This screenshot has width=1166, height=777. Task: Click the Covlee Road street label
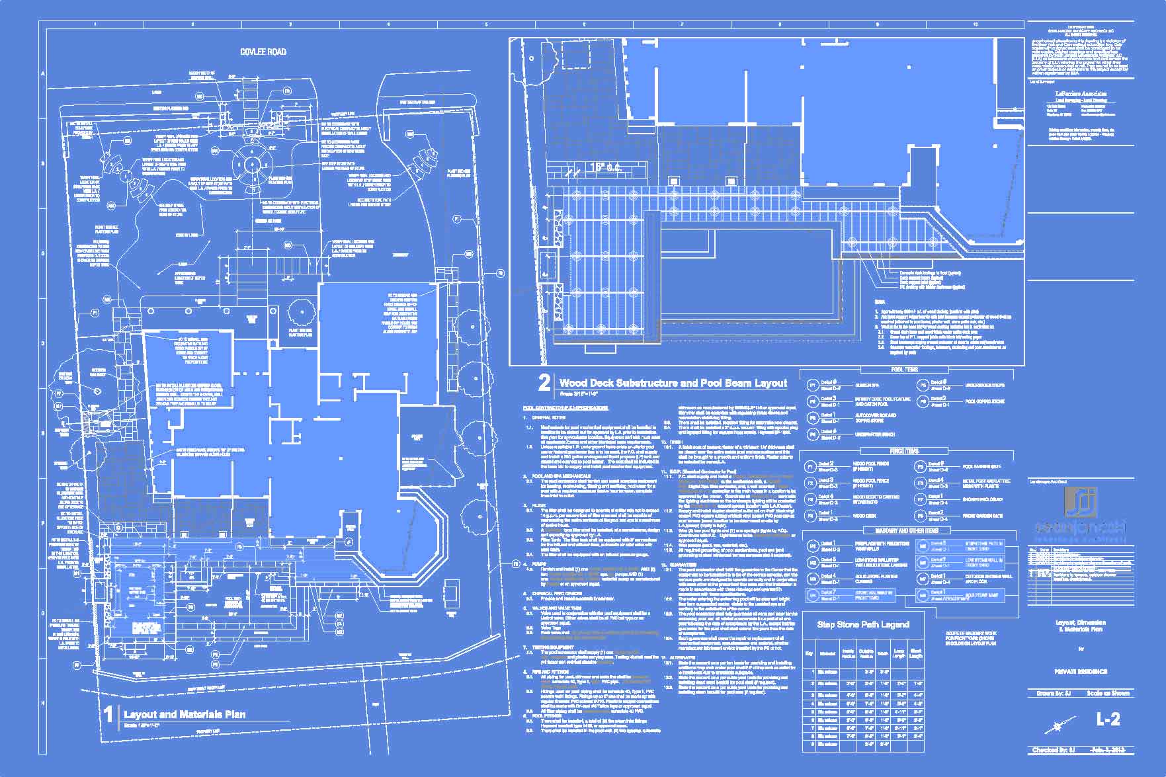coord(263,52)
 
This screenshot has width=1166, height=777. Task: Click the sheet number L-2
coord(1108,719)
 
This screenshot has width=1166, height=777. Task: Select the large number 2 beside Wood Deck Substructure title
coord(544,384)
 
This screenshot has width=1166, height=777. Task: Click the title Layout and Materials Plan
coord(185,714)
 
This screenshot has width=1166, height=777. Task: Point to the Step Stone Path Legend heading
coord(862,624)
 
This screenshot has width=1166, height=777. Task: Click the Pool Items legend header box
coord(904,370)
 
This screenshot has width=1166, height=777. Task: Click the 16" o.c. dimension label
coord(606,168)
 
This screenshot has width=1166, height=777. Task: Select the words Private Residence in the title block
coord(1080,671)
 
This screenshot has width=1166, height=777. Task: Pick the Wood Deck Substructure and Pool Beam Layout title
coord(673,383)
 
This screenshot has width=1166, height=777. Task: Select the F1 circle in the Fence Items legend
coord(811,467)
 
